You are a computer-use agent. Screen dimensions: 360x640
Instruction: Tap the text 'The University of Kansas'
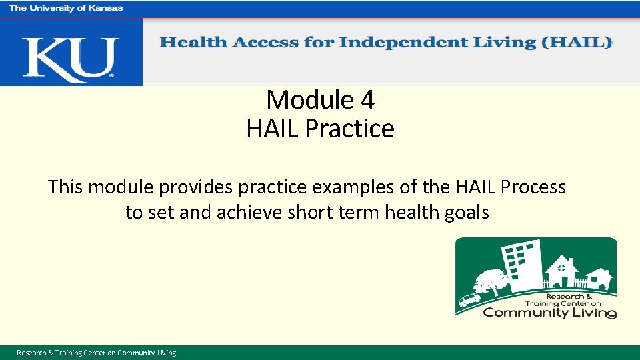click(x=65, y=8)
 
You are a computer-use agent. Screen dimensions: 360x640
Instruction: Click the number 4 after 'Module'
click(x=367, y=100)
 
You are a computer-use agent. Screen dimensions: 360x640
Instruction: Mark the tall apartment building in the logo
click(x=520, y=263)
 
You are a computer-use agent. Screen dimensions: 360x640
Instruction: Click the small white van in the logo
click(x=469, y=299)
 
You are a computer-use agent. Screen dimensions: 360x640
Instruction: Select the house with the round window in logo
click(x=564, y=271)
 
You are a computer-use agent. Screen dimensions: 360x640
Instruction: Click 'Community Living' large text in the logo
click(x=549, y=312)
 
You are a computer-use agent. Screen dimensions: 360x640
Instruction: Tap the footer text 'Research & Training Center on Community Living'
click(x=97, y=353)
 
